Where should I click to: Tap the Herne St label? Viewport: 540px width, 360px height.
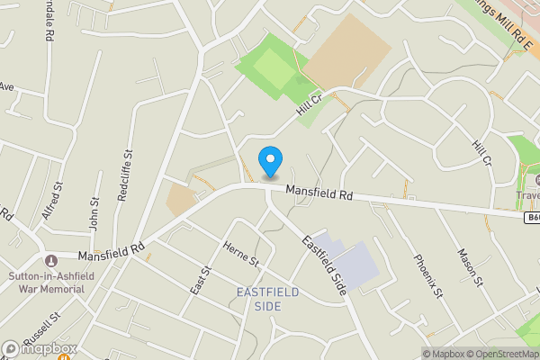click(x=240, y=255)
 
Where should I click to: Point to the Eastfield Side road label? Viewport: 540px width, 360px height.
click(x=324, y=266)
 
